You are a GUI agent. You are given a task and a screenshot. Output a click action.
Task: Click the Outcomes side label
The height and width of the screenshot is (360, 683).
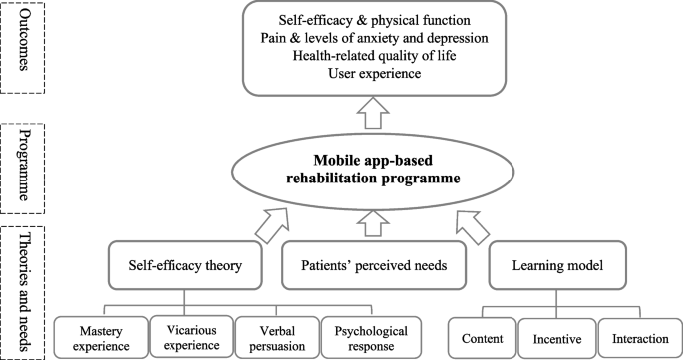(22, 49)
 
